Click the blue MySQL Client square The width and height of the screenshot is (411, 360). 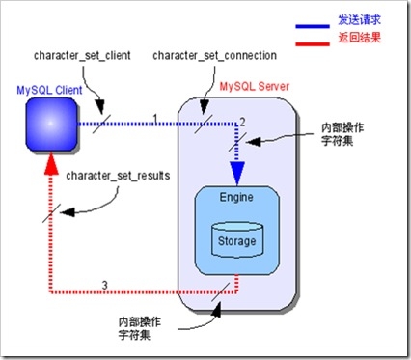click(51, 125)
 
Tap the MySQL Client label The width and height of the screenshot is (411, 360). click(49, 90)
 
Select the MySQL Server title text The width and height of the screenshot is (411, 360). click(255, 86)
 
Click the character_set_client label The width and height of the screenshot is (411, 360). click(82, 55)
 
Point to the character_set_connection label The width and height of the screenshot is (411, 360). click(214, 55)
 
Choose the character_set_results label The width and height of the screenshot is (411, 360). click(118, 176)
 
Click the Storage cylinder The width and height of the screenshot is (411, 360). click(237, 240)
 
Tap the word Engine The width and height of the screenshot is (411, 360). click(236, 197)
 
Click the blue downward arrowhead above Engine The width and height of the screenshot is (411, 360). click(237, 174)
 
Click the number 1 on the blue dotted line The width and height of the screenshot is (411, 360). click(155, 119)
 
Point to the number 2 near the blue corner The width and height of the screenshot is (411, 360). click(242, 122)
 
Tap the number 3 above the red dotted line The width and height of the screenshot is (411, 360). click(105, 285)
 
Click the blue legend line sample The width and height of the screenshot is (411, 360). click(313, 27)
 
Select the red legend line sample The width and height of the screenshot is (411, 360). click(313, 44)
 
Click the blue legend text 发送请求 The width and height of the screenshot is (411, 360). click(359, 20)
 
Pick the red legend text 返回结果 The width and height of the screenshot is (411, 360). click(359, 38)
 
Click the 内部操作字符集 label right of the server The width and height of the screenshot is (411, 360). click(342, 134)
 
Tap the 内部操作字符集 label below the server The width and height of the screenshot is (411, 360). click(140, 328)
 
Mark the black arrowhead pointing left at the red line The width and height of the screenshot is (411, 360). click(67, 212)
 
